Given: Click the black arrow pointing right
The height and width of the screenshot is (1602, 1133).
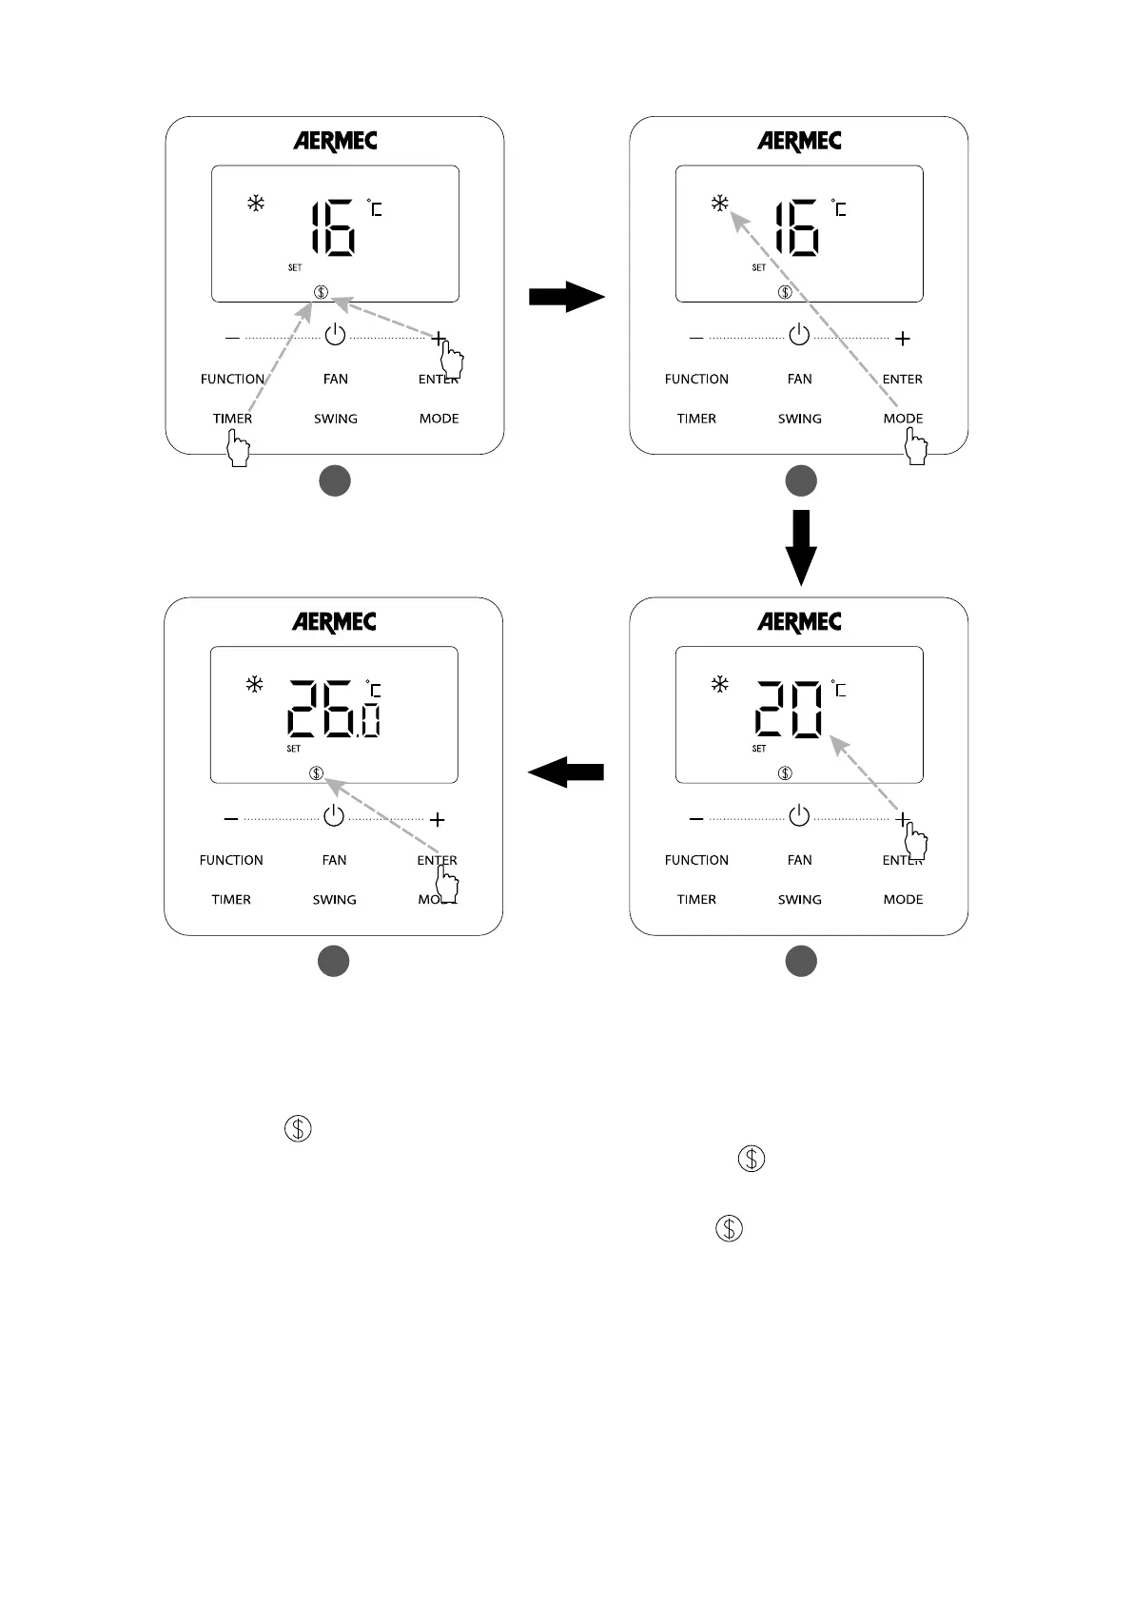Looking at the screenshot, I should coord(567,297).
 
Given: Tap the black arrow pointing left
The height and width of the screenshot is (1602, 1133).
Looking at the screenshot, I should coord(566,772).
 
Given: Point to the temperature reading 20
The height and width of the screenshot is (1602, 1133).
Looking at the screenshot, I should coord(790,709).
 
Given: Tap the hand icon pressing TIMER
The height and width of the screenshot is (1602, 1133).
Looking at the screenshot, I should coord(238,448).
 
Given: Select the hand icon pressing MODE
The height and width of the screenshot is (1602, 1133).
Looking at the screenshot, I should coord(915,446).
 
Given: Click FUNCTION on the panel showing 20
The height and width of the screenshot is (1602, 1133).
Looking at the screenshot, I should coord(696,860).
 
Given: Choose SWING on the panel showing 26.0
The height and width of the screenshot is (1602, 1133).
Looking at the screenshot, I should coord(334,900).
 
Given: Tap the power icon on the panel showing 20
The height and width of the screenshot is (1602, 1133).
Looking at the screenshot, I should coord(799,816).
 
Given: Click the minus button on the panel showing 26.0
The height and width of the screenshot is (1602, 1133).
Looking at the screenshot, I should coord(231,819).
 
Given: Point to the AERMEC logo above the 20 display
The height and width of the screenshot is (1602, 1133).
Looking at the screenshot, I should coord(799,622).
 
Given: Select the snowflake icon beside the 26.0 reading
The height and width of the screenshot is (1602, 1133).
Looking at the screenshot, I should coord(254,684).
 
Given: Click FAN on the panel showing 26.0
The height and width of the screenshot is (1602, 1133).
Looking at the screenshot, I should coord(334,860).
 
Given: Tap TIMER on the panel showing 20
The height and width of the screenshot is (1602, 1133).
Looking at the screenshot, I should coord(696,900).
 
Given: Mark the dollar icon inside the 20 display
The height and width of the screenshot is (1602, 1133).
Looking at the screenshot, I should coord(785,772).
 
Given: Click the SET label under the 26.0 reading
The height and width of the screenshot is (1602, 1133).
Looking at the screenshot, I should coord(294,749).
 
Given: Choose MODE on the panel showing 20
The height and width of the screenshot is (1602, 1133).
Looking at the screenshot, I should coord(903,900).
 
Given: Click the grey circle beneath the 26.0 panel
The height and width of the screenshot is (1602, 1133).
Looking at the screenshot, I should coord(334,961).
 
